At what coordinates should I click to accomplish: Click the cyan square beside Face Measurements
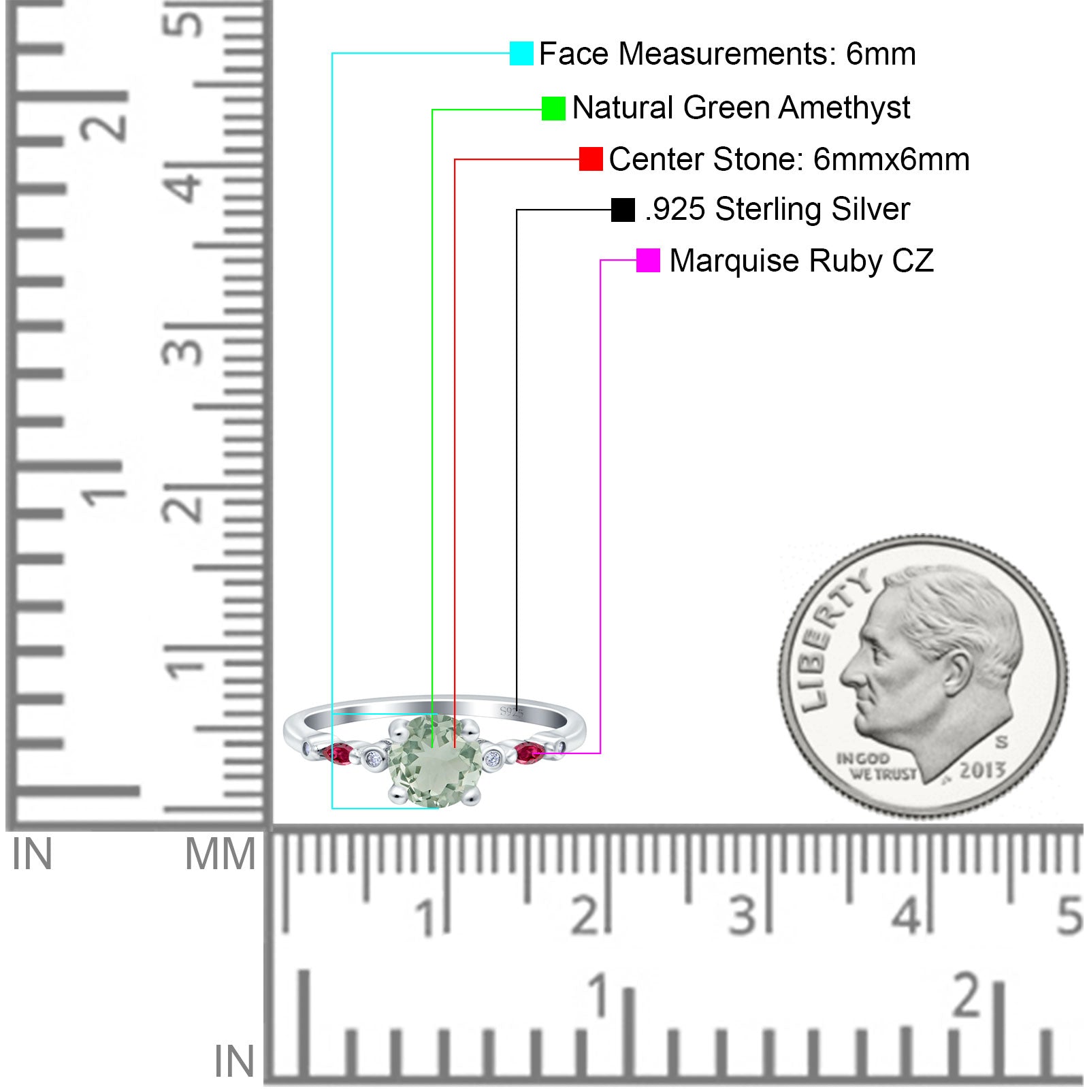point(521,53)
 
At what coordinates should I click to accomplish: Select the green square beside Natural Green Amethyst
point(553,108)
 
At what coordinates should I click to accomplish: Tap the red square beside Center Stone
point(591,159)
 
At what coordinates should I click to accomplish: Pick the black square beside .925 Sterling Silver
point(623,210)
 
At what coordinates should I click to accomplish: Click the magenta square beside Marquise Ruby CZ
point(648,260)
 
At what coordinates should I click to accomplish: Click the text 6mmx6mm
point(891,159)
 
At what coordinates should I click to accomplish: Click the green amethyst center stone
point(434,760)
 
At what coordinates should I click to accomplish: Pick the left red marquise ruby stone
point(338,754)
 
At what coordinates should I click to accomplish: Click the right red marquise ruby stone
point(530,753)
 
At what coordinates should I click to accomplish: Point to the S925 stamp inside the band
point(512,712)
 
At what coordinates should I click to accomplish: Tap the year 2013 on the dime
point(982,770)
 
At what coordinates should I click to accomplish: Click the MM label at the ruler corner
point(220,855)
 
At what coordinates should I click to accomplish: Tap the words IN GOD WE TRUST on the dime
point(877,766)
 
